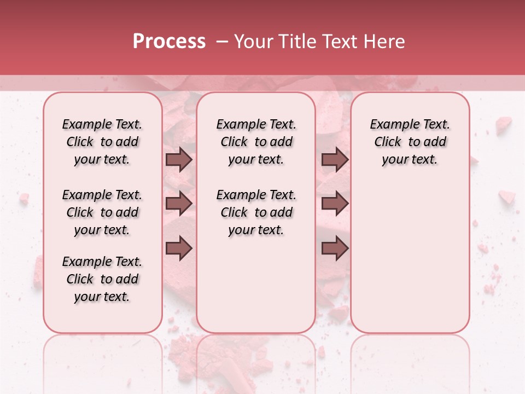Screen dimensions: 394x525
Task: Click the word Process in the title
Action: (x=169, y=42)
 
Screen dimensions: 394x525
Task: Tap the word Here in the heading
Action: (x=384, y=42)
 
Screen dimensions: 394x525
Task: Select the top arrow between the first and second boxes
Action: (x=179, y=160)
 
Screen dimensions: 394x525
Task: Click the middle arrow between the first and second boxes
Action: (x=179, y=204)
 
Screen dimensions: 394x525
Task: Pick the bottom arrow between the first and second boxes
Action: (x=179, y=248)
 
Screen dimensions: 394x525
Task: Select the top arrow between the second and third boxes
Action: (x=335, y=160)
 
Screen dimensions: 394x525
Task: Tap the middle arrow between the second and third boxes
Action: (x=335, y=204)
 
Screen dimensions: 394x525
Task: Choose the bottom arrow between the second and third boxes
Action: (x=335, y=248)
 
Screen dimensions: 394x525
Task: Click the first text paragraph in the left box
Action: (x=102, y=142)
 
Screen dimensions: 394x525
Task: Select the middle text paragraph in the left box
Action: (x=102, y=212)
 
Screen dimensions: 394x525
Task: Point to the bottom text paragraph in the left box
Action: (x=102, y=279)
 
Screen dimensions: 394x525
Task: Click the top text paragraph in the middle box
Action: (x=256, y=142)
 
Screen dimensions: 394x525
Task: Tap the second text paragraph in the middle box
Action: (x=256, y=212)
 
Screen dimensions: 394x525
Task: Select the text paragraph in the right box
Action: (x=410, y=142)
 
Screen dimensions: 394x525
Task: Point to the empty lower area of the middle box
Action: (x=256, y=285)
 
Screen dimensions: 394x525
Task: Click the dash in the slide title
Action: (x=222, y=42)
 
